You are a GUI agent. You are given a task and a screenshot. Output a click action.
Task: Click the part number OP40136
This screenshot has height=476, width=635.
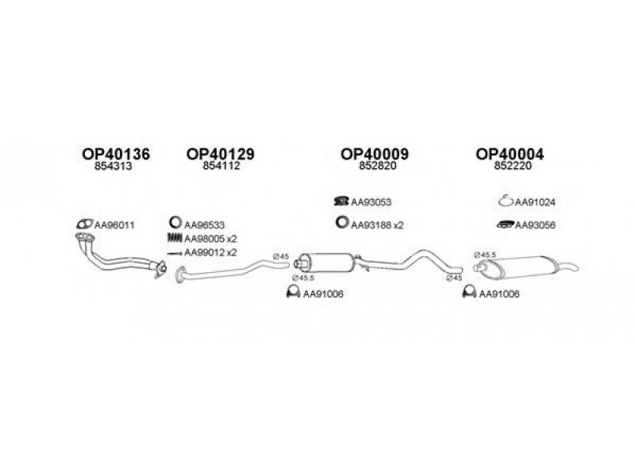(116, 154)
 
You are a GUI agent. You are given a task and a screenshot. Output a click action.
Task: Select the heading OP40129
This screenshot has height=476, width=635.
(221, 154)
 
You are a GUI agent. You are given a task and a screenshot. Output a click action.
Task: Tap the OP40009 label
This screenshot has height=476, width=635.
(375, 154)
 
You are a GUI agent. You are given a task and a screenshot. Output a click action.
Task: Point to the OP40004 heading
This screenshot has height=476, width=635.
(510, 154)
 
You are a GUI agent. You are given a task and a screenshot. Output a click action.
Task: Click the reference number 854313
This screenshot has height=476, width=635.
(114, 166)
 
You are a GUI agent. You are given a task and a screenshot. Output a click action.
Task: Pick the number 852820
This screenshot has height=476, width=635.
(378, 166)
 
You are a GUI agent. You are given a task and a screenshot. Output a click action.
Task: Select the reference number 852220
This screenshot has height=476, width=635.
(513, 166)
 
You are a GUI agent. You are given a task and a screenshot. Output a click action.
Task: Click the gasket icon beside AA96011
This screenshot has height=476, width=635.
(84, 224)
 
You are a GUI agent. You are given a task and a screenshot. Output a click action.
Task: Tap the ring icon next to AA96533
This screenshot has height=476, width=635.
(175, 223)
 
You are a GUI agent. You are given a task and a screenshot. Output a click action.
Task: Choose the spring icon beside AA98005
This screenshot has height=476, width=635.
(175, 238)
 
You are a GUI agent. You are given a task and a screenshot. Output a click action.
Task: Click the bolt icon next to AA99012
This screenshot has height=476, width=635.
(175, 254)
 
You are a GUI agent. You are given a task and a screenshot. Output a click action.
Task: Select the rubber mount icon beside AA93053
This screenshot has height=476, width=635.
(341, 201)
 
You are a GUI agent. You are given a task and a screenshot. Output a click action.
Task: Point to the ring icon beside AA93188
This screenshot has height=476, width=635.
(342, 222)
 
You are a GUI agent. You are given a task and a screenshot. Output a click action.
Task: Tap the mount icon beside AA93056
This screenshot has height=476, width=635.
(505, 225)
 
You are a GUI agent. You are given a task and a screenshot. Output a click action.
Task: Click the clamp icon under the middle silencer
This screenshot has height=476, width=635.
(293, 291)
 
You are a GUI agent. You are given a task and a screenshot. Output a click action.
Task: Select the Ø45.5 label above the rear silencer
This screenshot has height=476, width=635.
(485, 255)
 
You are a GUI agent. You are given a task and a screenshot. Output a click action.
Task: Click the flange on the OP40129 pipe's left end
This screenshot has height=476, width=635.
(181, 274)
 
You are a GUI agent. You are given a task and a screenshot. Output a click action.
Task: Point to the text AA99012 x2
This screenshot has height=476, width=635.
(210, 252)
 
